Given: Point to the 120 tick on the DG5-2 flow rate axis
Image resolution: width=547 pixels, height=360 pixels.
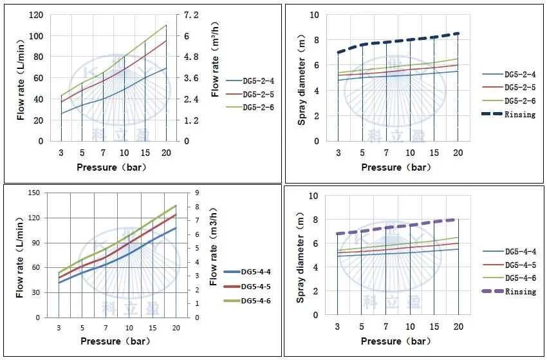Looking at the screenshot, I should pos(37,15).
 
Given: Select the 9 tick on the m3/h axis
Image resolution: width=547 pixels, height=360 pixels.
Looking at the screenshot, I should pos(198,193).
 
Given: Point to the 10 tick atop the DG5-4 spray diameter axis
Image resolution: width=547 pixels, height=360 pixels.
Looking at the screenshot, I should pos(315,196).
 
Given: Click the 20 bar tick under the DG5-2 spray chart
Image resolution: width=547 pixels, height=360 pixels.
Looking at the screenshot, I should pos(458,153).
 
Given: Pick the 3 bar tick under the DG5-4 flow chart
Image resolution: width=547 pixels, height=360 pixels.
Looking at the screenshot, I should pos(59,328).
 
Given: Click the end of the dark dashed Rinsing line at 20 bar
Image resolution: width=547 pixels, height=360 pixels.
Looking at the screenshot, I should pos(458,33).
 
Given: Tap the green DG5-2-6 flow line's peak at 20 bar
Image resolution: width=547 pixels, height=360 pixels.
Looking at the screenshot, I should pos(167,26).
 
